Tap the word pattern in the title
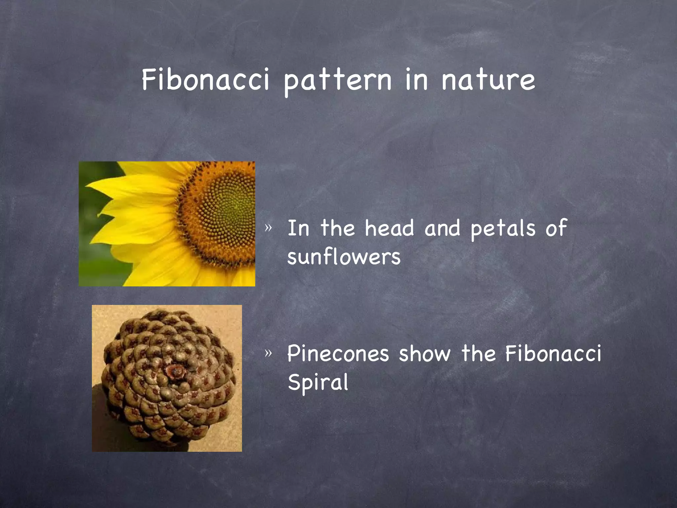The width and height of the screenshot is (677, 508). (337, 81)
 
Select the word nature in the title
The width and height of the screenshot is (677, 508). (488, 80)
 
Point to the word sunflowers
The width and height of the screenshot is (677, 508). (344, 257)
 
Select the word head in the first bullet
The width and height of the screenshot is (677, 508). (389, 228)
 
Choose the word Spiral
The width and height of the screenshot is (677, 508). (318, 382)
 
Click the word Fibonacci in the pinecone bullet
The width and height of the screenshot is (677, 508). (553, 353)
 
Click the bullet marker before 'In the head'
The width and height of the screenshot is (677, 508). (268, 228)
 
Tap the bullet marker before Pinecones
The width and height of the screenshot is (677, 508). (268, 353)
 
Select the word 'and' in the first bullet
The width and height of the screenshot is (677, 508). (442, 228)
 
